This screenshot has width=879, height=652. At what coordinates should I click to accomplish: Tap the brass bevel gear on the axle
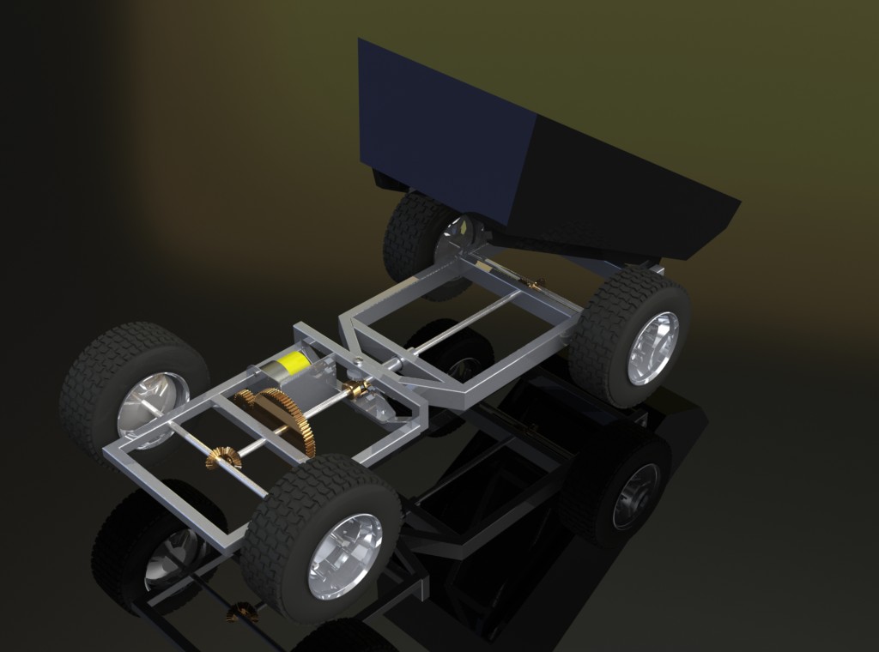coord(222,458)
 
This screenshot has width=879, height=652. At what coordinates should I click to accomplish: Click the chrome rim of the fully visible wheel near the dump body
coord(652,347)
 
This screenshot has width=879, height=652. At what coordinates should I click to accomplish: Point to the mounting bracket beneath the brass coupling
coord(383,410)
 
